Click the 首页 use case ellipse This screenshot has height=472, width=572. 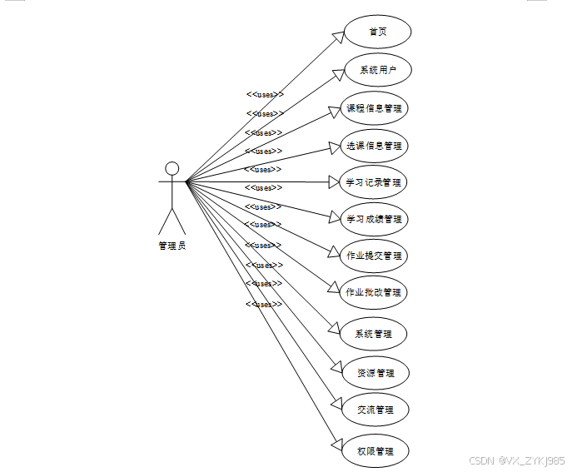click(x=378, y=32)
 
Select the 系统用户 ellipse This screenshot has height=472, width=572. click(x=378, y=70)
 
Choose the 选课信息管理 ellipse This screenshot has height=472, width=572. click(x=375, y=146)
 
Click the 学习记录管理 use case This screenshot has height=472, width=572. click(x=375, y=182)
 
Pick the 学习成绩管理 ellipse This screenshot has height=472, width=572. click(x=375, y=219)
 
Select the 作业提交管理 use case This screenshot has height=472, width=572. click(x=375, y=256)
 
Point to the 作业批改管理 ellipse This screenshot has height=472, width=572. click(x=374, y=292)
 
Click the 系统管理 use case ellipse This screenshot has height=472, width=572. click(x=373, y=334)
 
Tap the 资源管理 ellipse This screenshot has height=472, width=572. click(x=375, y=372)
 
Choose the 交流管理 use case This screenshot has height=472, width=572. click(x=375, y=410)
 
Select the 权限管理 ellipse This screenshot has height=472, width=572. click(x=375, y=451)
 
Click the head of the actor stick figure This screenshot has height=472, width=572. click(x=172, y=168)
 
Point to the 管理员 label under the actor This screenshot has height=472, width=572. click(x=172, y=246)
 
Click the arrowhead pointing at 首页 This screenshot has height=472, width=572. click(x=339, y=36)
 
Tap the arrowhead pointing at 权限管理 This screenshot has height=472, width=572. click(x=337, y=445)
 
